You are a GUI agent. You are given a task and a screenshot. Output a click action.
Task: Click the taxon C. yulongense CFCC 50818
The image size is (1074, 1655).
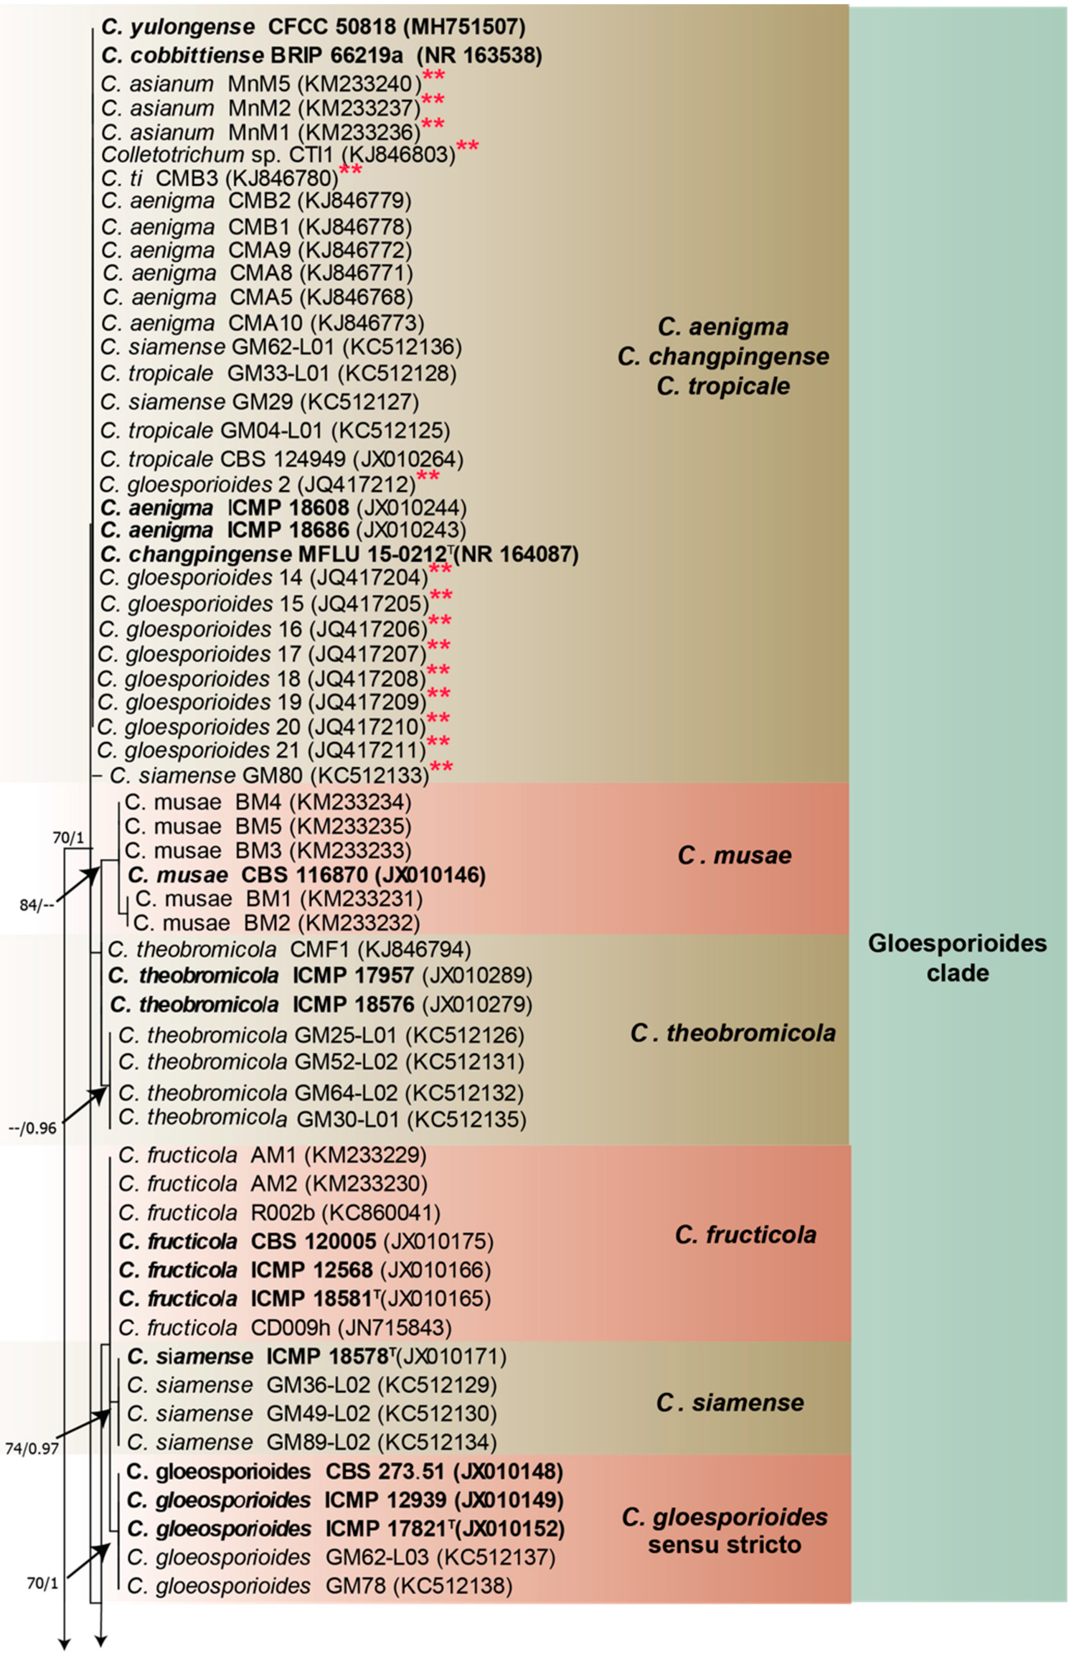tap(313, 27)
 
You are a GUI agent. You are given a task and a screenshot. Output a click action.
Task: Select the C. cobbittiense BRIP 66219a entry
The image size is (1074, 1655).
tap(321, 55)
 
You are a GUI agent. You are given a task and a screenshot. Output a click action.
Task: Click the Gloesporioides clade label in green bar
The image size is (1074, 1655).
tap(957, 958)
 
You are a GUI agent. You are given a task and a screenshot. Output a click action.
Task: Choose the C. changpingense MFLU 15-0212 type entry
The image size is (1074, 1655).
tap(339, 554)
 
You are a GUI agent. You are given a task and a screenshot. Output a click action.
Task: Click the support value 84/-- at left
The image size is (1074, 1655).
tap(38, 907)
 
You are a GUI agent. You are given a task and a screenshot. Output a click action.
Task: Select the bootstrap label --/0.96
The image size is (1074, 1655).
tap(33, 1128)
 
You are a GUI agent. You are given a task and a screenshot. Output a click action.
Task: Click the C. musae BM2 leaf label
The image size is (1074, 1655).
tap(276, 923)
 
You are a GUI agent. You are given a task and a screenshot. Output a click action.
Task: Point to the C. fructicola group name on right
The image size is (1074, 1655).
tap(745, 1234)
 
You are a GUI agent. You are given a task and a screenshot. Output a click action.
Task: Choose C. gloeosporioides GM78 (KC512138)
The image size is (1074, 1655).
tap(320, 1585)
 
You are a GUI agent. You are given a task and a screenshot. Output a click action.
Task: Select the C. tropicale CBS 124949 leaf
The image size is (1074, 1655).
tap(281, 460)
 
